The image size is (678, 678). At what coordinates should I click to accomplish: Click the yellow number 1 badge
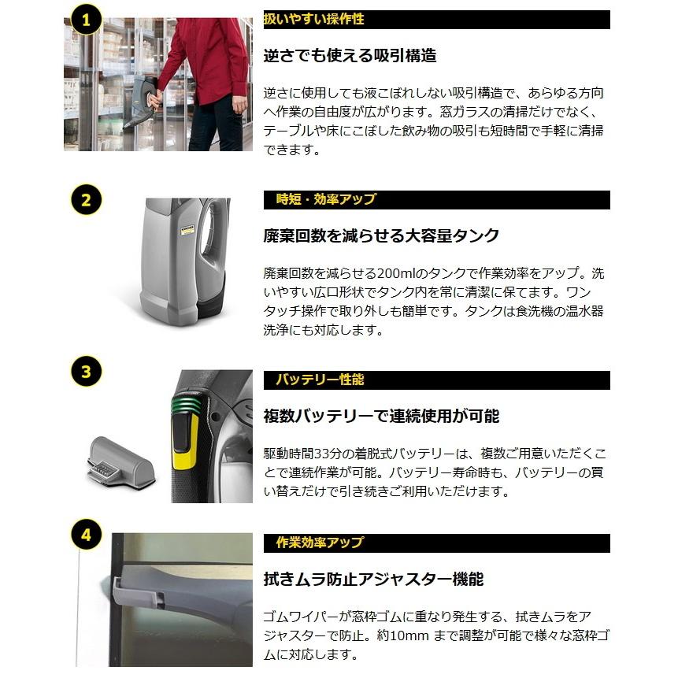(x=86, y=20)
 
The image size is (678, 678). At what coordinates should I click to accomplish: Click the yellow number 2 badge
(x=86, y=200)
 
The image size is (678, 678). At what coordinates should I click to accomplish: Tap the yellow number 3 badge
(x=86, y=371)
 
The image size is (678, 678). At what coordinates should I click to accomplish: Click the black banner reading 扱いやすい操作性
(x=436, y=20)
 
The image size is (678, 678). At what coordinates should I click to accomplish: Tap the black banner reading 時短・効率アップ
(x=436, y=199)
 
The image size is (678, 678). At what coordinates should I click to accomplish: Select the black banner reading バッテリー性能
(x=436, y=380)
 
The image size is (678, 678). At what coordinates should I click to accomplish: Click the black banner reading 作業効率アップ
(x=436, y=543)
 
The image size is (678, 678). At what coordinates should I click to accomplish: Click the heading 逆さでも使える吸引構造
(x=350, y=56)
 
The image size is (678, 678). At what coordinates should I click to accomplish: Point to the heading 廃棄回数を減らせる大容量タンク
(x=381, y=235)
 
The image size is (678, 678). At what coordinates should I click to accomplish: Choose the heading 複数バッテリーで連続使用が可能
(x=381, y=416)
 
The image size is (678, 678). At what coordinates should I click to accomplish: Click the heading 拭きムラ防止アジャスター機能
(x=373, y=580)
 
